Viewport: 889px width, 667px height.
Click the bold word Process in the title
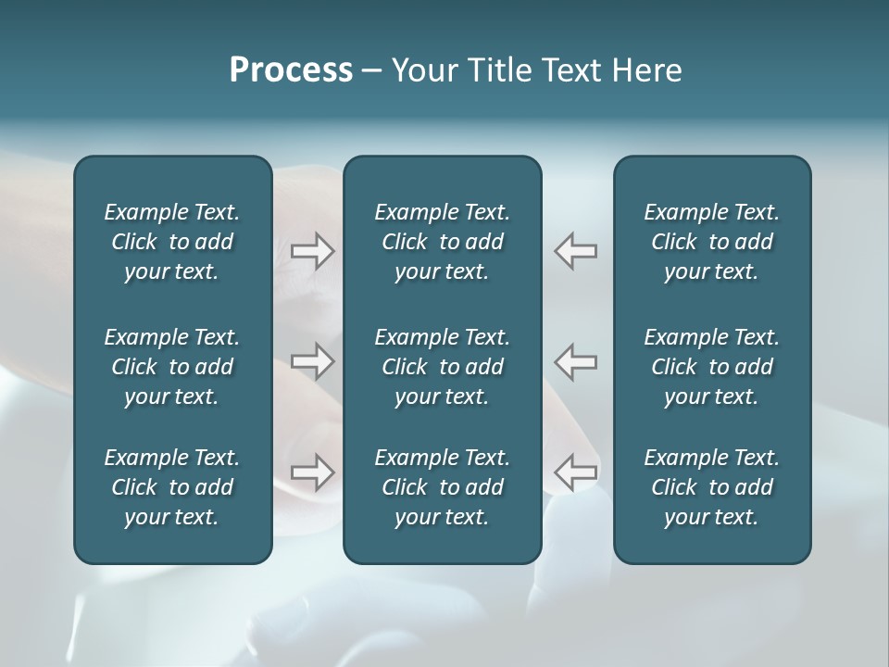tap(291, 70)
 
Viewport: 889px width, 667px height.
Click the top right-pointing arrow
tap(313, 251)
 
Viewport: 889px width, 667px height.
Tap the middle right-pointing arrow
tap(313, 361)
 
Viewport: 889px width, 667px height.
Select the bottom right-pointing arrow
tap(313, 472)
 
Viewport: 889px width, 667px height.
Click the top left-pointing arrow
tap(576, 251)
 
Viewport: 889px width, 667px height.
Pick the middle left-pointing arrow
tap(576, 361)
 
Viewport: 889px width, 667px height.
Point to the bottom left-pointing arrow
tap(576, 472)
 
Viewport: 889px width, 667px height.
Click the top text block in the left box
tap(172, 242)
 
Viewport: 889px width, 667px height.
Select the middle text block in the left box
tap(172, 367)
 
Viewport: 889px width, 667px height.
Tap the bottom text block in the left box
tap(172, 487)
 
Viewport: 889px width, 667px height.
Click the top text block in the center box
tap(442, 242)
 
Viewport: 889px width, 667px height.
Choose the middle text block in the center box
tap(442, 367)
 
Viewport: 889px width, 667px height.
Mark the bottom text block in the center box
tap(442, 487)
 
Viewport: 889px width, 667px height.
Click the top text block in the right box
tap(712, 242)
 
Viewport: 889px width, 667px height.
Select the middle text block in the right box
tap(712, 367)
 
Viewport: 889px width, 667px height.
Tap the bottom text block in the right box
tap(712, 487)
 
